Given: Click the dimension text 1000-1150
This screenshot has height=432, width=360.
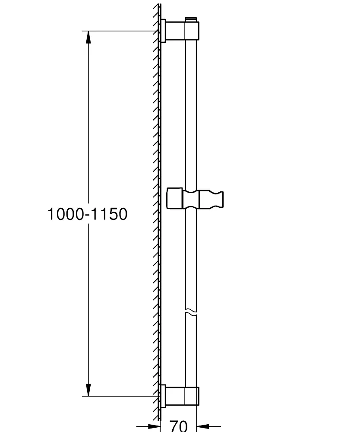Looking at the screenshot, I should (x=87, y=214).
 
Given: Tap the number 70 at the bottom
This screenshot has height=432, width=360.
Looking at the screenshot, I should (x=178, y=426).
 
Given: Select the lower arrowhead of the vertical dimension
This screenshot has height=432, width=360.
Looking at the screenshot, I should (x=88, y=390).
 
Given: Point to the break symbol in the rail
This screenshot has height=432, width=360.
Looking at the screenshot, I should (x=192, y=311).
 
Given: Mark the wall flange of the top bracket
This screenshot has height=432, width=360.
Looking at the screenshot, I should (x=163, y=31).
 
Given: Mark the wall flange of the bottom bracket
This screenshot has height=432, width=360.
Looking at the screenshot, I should (x=163, y=396).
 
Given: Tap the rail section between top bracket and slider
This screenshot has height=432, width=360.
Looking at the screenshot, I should (x=192, y=112).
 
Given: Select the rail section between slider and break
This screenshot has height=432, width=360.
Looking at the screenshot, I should (x=192, y=259).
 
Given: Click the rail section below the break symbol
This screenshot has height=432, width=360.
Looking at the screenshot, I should (x=192, y=350).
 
